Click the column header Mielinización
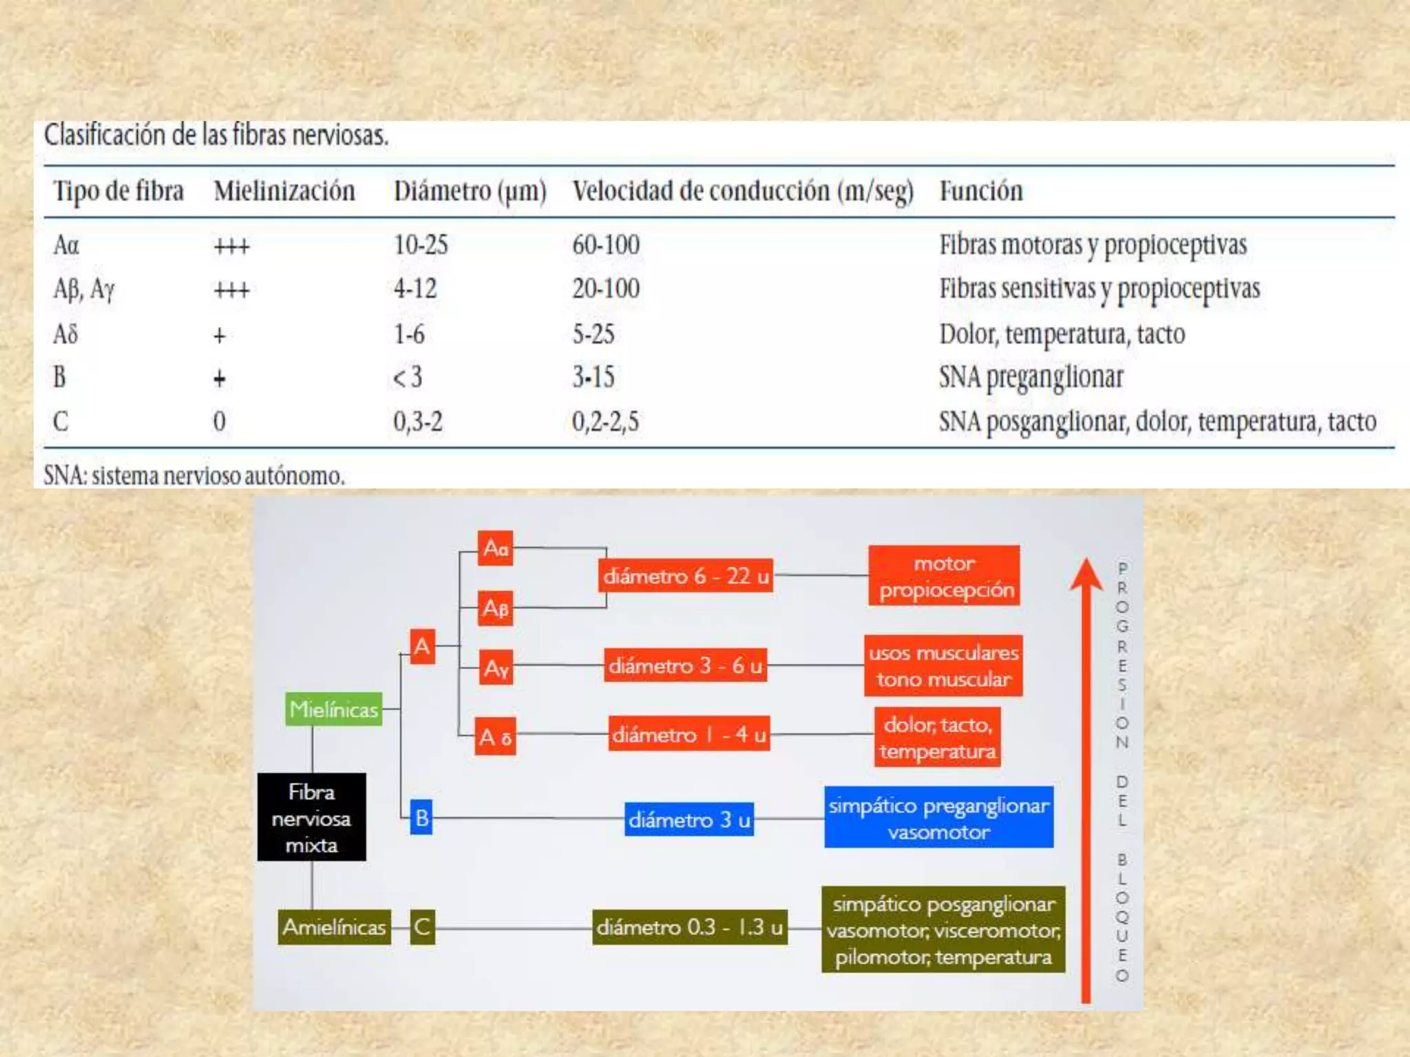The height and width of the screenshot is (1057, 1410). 284,191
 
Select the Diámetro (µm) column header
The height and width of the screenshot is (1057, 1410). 470,191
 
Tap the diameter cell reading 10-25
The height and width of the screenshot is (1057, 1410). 421,245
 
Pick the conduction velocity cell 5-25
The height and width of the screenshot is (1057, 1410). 593,334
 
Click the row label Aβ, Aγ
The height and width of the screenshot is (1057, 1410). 84,289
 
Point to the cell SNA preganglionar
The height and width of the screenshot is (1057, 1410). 1031,377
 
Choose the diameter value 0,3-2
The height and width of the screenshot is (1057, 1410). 418,421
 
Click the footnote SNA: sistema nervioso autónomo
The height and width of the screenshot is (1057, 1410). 194,476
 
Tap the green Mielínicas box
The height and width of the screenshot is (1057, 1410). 334,709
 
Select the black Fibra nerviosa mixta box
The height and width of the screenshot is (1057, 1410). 312,818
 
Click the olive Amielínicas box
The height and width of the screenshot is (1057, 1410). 334,927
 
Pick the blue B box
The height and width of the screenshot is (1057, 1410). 421,818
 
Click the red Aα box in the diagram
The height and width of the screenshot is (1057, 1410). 496,548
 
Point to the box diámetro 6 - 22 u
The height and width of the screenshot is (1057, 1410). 686,576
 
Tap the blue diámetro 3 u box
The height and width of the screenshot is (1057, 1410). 689,820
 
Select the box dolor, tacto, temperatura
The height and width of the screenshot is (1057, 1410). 938,737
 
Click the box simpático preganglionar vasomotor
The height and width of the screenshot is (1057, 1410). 938,818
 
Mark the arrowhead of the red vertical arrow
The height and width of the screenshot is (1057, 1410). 1086,575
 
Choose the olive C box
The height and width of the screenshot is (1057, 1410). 422,927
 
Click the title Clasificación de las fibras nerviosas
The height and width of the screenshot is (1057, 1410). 216,135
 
